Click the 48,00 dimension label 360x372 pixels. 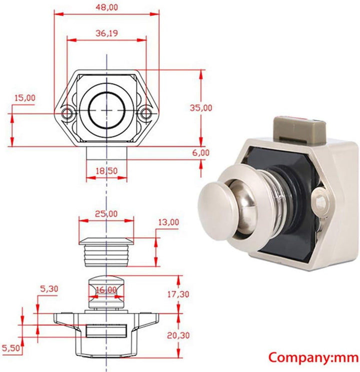pos(106,7)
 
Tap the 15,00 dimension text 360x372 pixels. pos(24,98)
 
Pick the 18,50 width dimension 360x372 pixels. pos(106,171)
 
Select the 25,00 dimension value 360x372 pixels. pos(106,213)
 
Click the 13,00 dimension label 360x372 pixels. pos(168,222)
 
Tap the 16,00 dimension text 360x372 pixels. pos(105,290)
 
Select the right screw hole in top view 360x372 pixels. pos(145,114)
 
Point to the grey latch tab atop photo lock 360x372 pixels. pos(298,129)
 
